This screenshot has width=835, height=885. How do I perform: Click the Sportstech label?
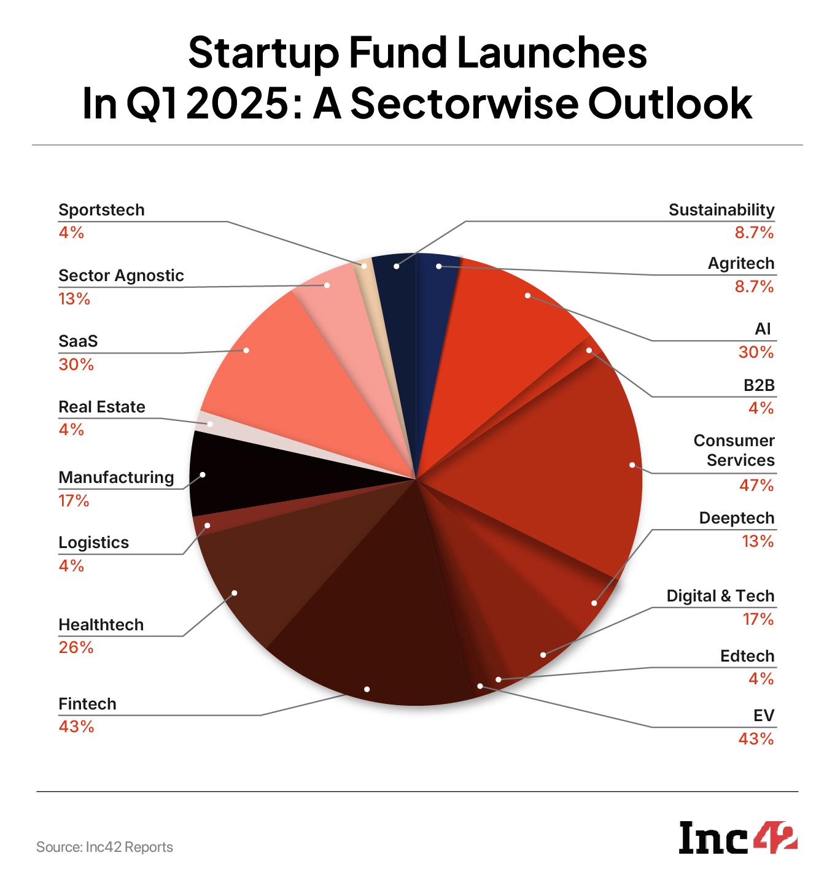click(x=101, y=210)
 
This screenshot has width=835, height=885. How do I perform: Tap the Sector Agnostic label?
click(x=121, y=276)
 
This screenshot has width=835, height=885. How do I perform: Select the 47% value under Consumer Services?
click(x=756, y=485)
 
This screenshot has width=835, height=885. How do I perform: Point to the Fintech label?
click(x=87, y=704)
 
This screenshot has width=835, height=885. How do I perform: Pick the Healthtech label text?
click(x=101, y=625)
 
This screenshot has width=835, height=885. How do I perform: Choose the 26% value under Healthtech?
click(x=76, y=647)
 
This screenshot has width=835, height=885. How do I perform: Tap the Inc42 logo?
click(x=737, y=837)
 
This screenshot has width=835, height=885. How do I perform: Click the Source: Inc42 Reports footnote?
click(x=104, y=848)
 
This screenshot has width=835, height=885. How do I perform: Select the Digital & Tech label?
click(x=720, y=596)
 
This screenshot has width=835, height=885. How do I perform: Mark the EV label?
click(x=763, y=716)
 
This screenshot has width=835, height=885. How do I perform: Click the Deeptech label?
click(x=737, y=518)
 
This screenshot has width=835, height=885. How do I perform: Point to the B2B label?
click(x=759, y=385)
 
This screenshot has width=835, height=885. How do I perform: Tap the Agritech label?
click(x=741, y=263)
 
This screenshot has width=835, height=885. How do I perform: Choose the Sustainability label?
click(x=721, y=210)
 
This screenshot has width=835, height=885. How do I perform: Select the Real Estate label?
click(x=102, y=407)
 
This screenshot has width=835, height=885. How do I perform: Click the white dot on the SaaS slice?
click(x=246, y=350)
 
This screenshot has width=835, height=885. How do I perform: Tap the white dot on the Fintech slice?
click(x=367, y=689)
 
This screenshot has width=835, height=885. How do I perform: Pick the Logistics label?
click(x=93, y=543)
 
